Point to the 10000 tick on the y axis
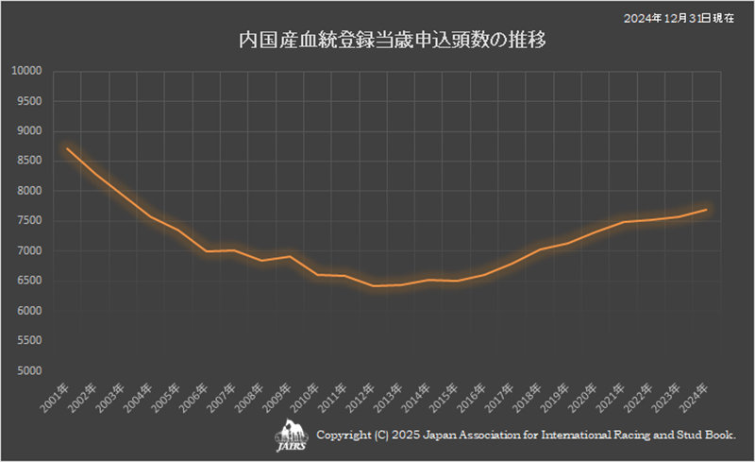(x=26, y=71)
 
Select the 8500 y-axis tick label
(x=28, y=161)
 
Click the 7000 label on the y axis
(x=28, y=250)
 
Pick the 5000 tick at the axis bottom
(x=28, y=370)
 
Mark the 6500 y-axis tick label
(x=28, y=281)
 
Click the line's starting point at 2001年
(x=67, y=148)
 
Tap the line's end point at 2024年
(x=706, y=210)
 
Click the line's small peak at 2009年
(x=289, y=256)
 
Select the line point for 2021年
(x=623, y=222)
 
